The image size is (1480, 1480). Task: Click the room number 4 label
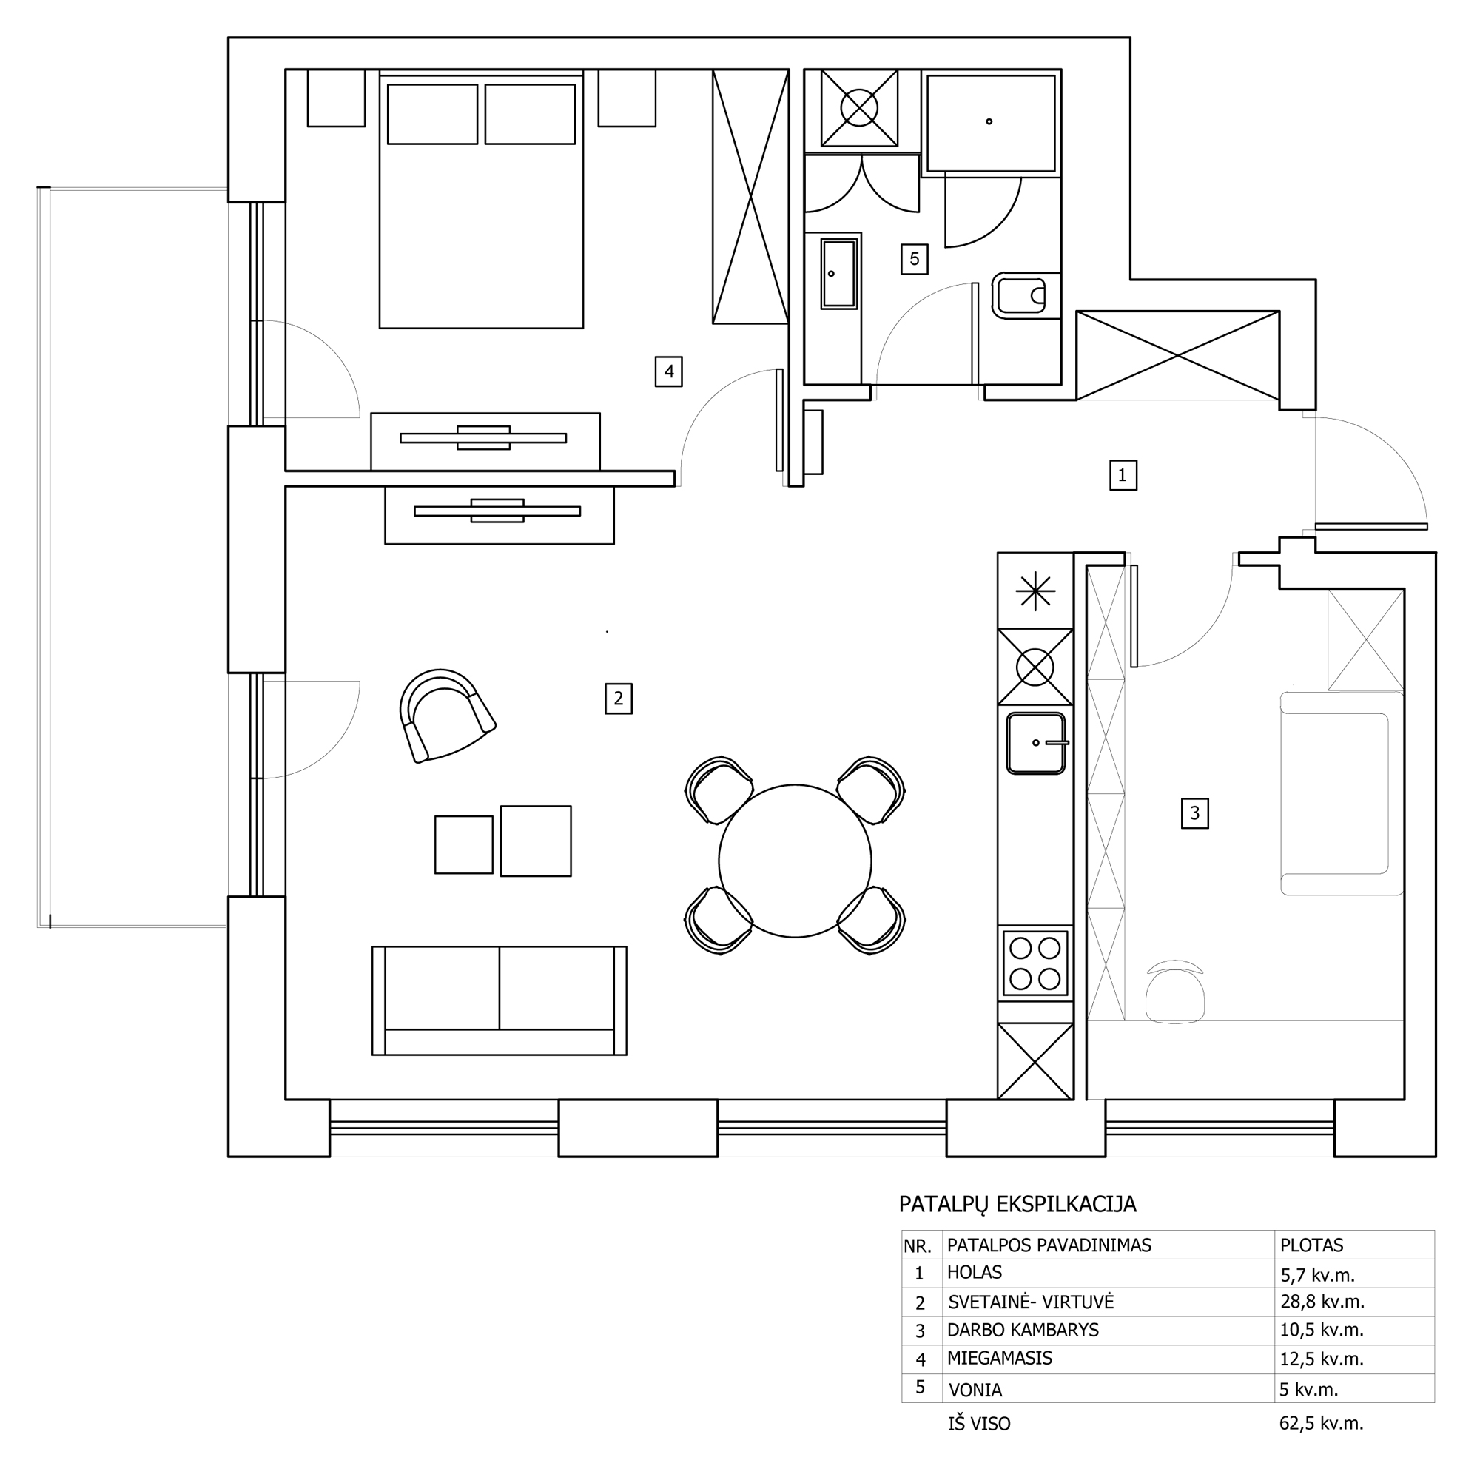pyautogui.click(x=669, y=371)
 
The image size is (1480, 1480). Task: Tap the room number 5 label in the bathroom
pyautogui.click(x=914, y=259)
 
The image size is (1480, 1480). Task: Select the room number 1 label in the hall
pyautogui.click(x=1123, y=475)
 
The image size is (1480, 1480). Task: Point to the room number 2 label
pyautogui.click(x=618, y=699)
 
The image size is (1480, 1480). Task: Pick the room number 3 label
pyautogui.click(x=1194, y=813)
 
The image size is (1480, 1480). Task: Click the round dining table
pyautogui.click(x=795, y=861)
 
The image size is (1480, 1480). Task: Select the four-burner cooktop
pyautogui.click(x=1035, y=963)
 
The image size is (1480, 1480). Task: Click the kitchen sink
pyautogui.click(x=1036, y=743)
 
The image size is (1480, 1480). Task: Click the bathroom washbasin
pyautogui.click(x=839, y=274)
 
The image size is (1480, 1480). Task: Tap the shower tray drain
pyautogui.click(x=989, y=121)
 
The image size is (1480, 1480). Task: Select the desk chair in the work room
pyautogui.click(x=1175, y=992)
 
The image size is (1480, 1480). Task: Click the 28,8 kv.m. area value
pyautogui.click(x=1322, y=1302)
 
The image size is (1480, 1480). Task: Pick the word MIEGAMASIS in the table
pyautogui.click(x=1000, y=1358)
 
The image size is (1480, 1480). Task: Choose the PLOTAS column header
pyautogui.click(x=1311, y=1245)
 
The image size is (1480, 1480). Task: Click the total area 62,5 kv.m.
pyautogui.click(x=1322, y=1423)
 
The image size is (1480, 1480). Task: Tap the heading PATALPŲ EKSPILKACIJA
pyautogui.click(x=1017, y=1203)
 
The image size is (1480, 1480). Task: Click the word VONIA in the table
pyautogui.click(x=975, y=1390)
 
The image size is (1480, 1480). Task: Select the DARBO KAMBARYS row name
pyautogui.click(x=1023, y=1330)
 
